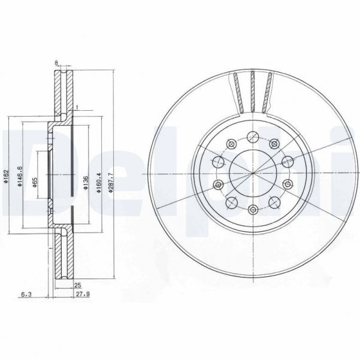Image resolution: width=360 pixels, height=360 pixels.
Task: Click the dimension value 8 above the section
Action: point(56,62)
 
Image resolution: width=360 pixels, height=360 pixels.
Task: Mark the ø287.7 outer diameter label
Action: point(110,178)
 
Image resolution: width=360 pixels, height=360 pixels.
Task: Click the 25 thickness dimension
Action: point(77,286)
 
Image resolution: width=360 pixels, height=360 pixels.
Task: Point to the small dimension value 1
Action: point(77,108)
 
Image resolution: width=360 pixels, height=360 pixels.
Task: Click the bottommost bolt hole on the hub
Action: point(253,209)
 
